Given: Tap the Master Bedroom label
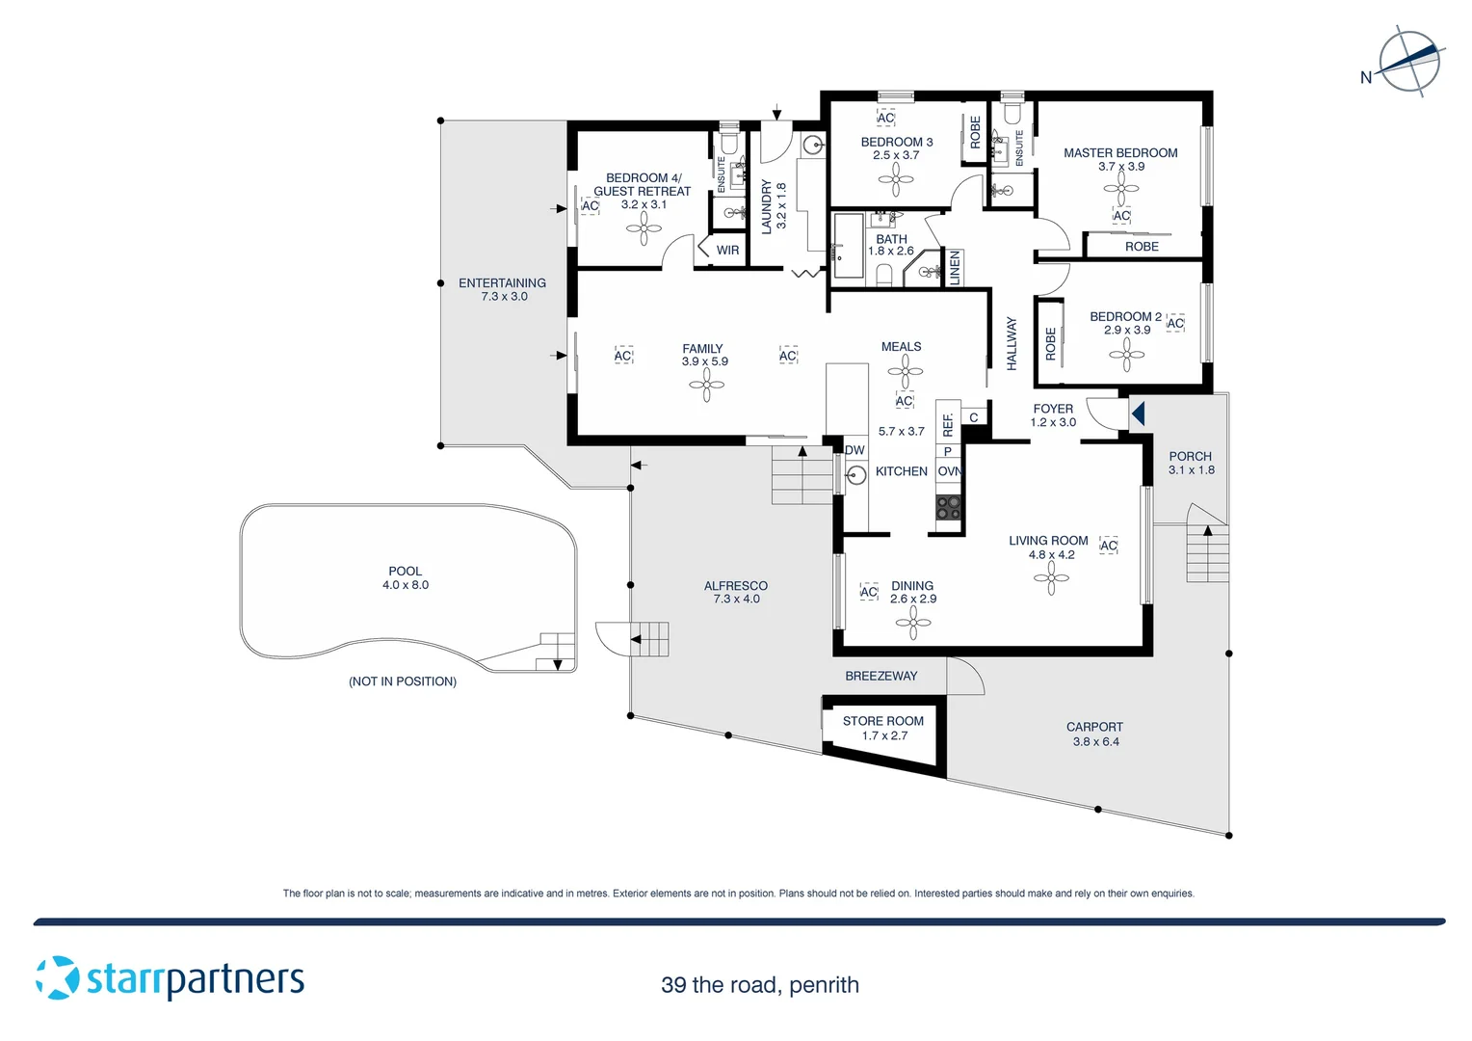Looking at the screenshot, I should click(x=1120, y=152).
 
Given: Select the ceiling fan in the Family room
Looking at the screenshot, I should click(x=706, y=386).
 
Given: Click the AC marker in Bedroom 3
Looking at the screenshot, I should click(x=885, y=119).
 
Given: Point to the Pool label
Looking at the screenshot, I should click(x=405, y=571).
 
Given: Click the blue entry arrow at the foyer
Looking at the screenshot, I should click(x=1138, y=414).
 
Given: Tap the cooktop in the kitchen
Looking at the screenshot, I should click(x=948, y=508).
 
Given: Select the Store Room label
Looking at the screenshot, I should click(x=882, y=721).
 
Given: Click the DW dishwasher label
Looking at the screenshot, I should click(x=854, y=450).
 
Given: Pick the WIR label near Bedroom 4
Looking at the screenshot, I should click(x=727, y=251).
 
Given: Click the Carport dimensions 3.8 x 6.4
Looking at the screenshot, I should click(x=1095, y=742).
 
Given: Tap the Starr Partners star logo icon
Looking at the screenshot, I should click(x=58, y=977).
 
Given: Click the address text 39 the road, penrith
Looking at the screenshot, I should click(x=759, y=985).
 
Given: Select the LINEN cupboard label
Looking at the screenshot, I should click(x=955, y=267).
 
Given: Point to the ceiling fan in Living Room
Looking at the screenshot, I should click(x=1051, y=578).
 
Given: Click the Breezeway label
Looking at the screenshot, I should click(x=881, y=676).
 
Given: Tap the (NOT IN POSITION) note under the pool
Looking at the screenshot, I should click(x=403, y=681).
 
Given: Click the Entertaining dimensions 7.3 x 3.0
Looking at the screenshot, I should click(x=504, y=297).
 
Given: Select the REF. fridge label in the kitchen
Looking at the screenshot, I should click(x=948, y=424).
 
